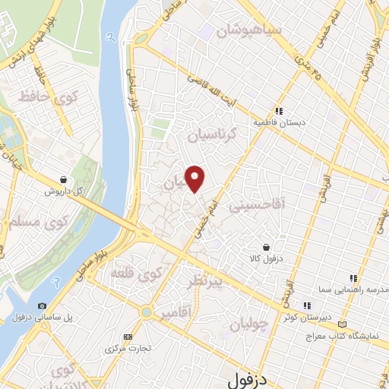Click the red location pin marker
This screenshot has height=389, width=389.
pyautogui.click(x=196, y=179)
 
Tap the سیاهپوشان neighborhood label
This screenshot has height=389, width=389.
pyautogui.click(x=250, y=31)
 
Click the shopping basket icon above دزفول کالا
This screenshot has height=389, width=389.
pyautogui.click(x=267, y=247)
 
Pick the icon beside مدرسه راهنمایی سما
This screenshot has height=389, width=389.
pyautogui.click(x=352, y=279)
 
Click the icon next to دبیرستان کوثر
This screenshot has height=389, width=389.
pyautogui.click(x=307, y=305)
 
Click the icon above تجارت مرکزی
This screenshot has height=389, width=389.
pyautogui.click(x=128, y=337)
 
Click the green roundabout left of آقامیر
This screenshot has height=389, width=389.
pyautogui.click(x=145, y=311)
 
